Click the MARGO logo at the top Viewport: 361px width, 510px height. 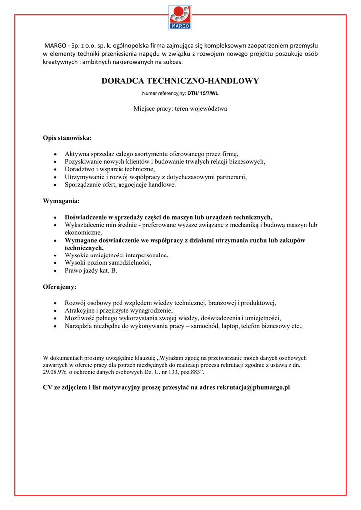180,17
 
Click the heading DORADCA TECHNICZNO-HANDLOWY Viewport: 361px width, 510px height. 180,81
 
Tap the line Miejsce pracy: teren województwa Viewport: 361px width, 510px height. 180,108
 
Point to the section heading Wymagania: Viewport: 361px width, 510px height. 61,201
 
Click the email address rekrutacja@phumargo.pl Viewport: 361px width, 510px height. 253,387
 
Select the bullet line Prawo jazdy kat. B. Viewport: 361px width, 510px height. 91,271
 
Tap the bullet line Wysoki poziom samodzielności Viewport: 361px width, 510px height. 108,263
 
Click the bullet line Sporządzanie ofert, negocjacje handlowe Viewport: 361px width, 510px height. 120,185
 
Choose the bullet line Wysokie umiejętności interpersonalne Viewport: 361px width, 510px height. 117,255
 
